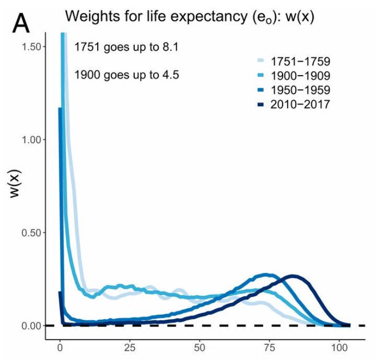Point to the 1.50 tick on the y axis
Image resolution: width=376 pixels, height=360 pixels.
(33, 46)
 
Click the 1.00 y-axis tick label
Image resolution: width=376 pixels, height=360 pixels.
(33, 139)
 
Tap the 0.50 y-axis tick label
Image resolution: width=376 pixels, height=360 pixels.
(33, 232)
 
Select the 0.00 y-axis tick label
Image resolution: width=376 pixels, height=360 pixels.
(33, 326)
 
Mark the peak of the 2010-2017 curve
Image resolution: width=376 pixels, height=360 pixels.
(293, 277)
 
